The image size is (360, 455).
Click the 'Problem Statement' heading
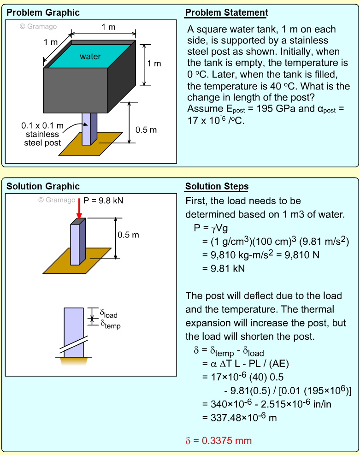pos(226,12)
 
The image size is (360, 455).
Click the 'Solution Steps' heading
pos(217,187)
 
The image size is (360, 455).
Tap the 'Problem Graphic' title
pos(43,12)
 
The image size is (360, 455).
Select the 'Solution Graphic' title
pos(43,187)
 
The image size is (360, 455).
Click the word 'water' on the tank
pos(90,57)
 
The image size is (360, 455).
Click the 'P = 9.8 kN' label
pos(104,201)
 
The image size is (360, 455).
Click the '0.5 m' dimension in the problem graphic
pos(146,130)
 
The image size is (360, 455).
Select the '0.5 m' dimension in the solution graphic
pos(128,235)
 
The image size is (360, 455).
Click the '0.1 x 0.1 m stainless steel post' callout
pos(42,134)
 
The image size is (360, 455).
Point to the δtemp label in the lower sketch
pos(110,324)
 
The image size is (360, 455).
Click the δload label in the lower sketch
pos(109,314)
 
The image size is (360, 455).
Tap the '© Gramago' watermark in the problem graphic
pos(39,26)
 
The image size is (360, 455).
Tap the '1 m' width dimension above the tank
pos(109,27)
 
